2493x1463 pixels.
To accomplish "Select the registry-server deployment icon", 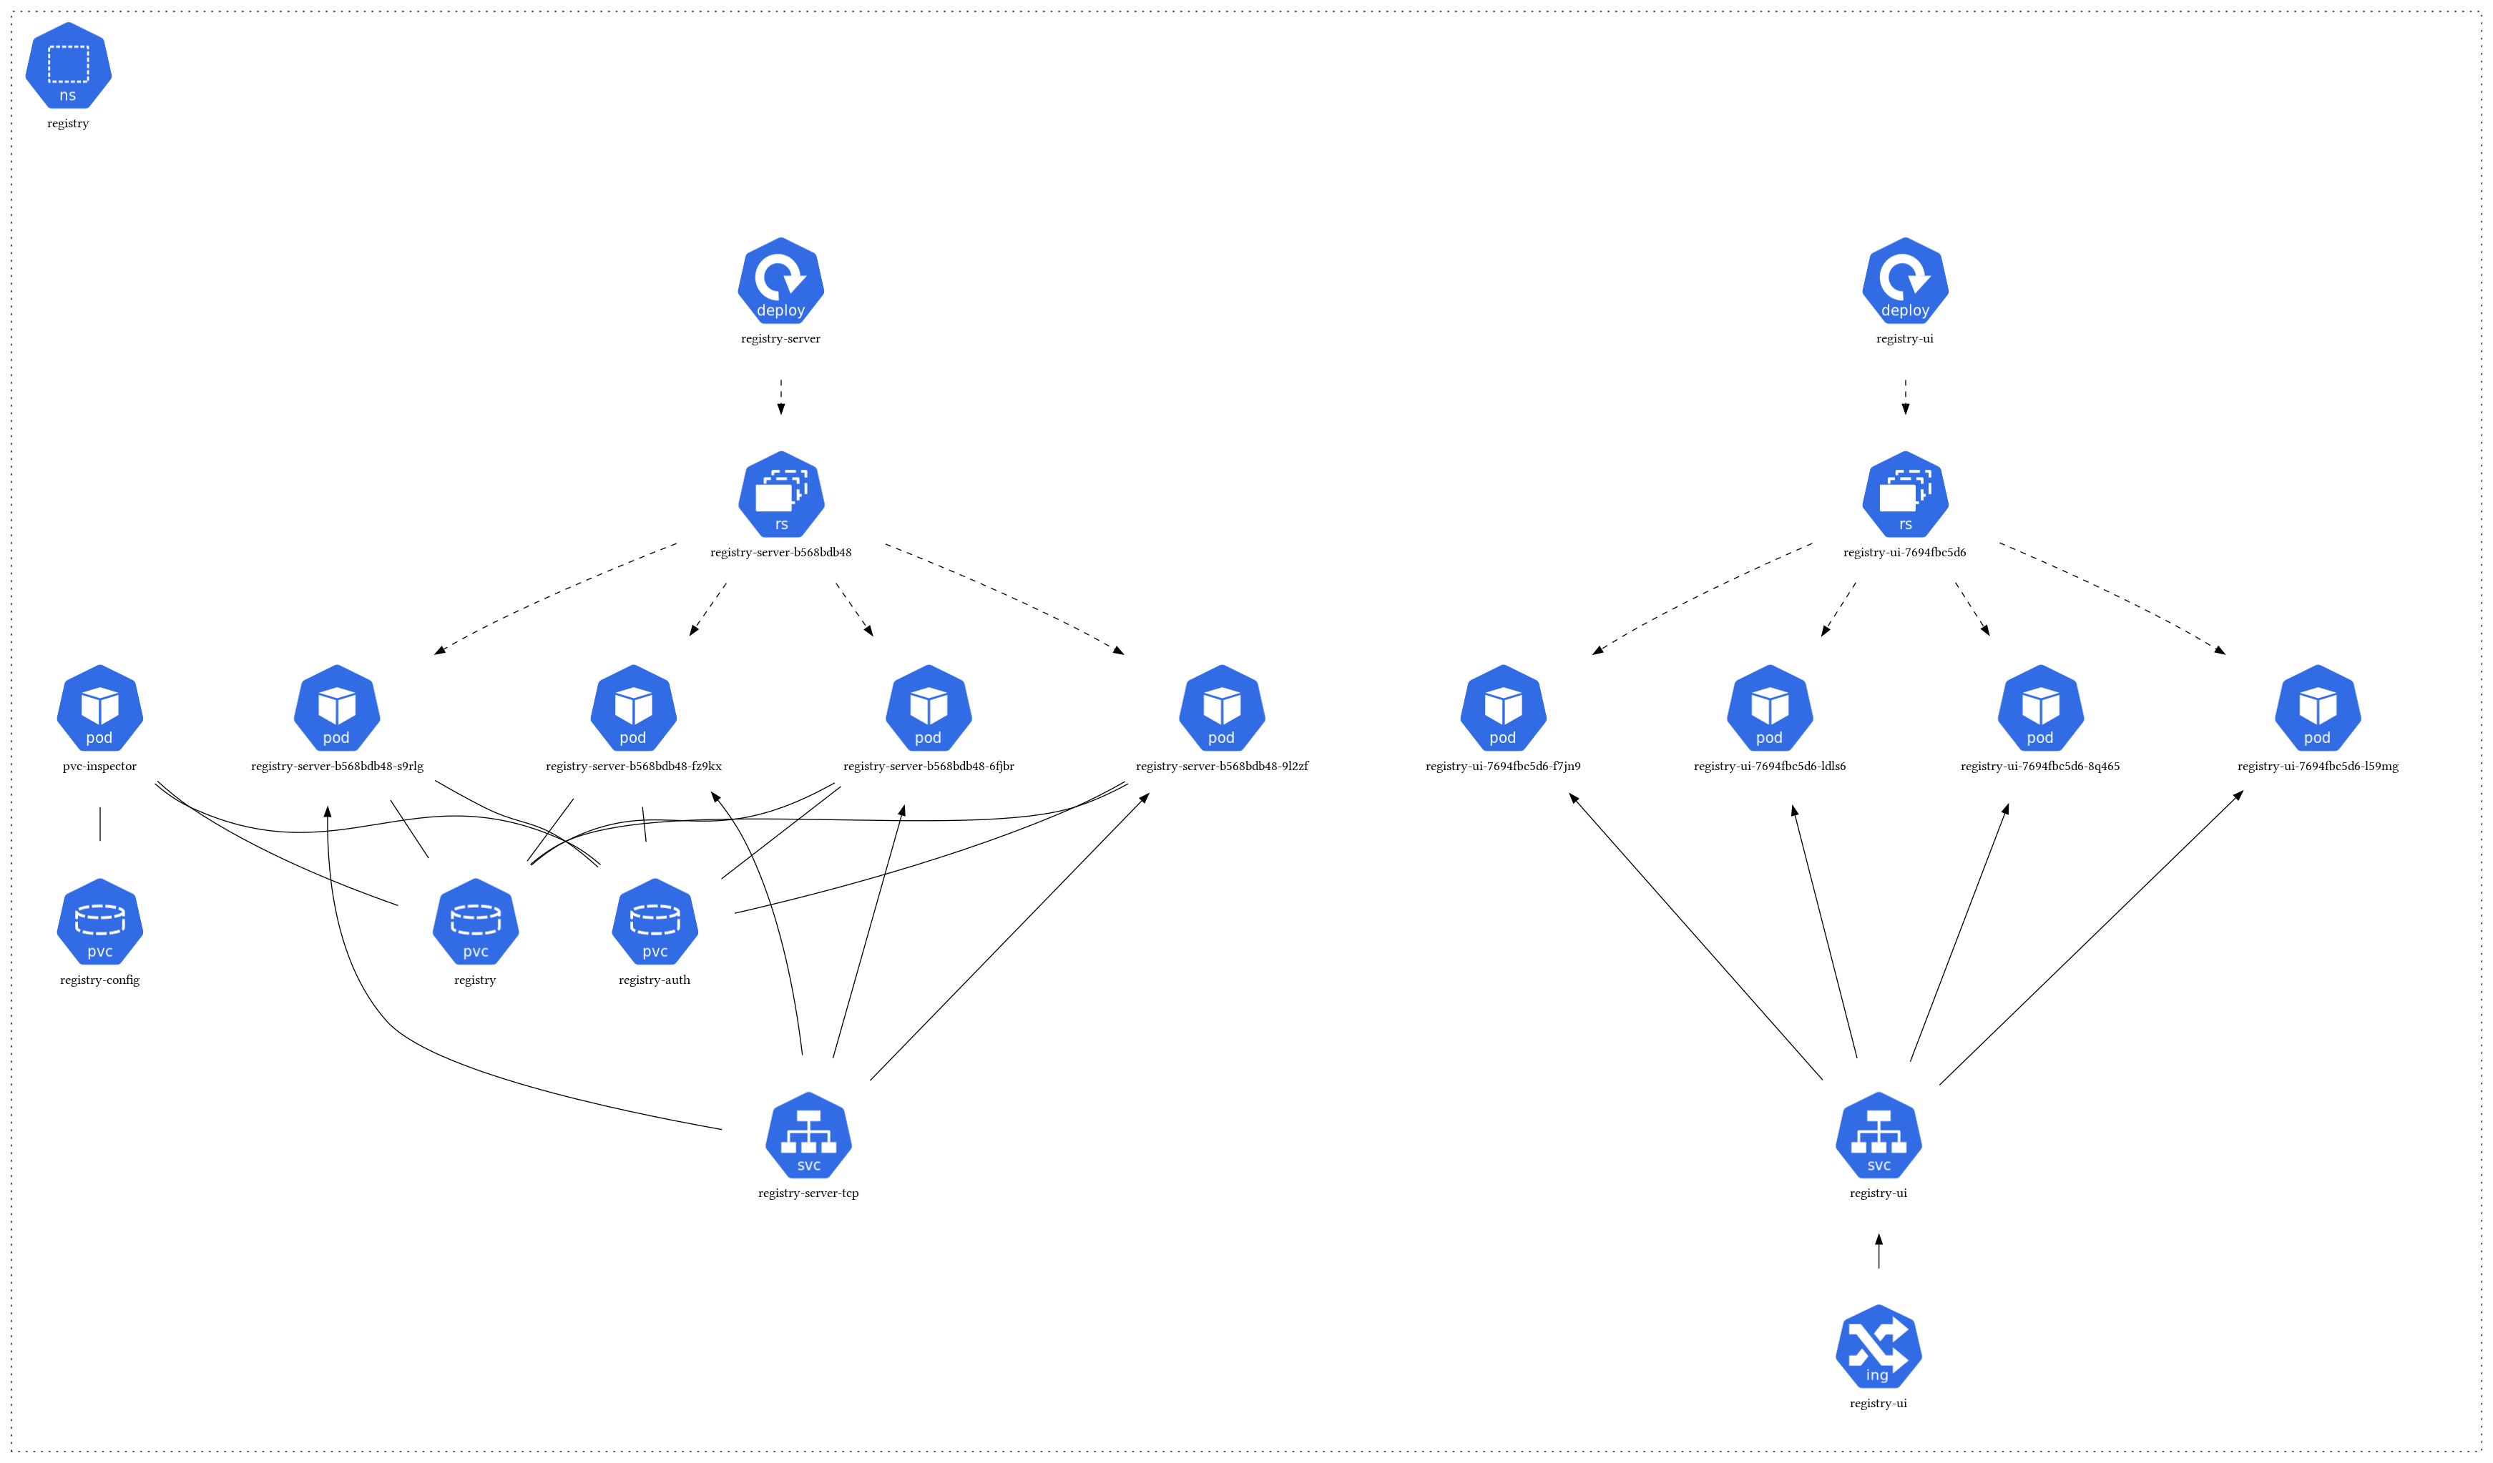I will click(x=780, y=281).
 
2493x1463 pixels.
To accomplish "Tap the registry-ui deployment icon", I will click(x=1904, y=281).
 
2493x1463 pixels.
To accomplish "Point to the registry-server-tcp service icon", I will click(x=808, y=1136).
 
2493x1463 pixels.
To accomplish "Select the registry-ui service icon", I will click(x=1878, y=1136).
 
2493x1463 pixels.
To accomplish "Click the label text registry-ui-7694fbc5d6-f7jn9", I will click(x=1503, y=767).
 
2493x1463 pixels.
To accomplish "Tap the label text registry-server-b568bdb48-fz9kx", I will click(x=633, y=767).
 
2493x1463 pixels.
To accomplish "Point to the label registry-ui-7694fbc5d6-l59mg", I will click(x=2317, y=767).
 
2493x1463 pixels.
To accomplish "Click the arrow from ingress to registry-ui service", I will click(x=1879, y=1252).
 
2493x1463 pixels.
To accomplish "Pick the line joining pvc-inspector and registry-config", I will click(x=100, y=824).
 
